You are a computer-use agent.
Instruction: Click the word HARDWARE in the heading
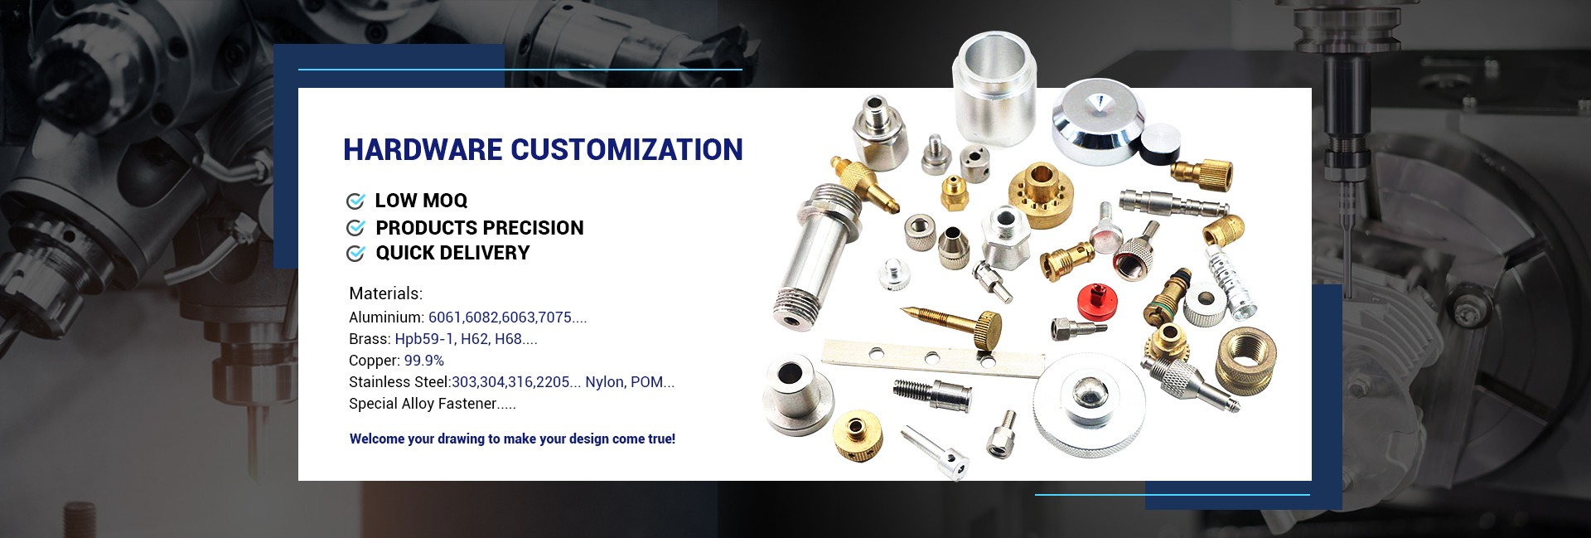point(423,149)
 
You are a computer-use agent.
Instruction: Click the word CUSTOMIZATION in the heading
point(626,149)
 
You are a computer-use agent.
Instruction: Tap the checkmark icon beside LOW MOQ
point(355,201)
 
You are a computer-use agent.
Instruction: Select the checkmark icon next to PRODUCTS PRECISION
point(355,228)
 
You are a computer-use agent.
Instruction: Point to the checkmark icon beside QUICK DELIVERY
point(355,253)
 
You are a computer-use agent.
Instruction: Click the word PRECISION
point(532,228)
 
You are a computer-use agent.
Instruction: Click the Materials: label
point(386,293)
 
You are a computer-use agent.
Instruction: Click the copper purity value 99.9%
point(424,361)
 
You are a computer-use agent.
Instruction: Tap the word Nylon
point(603,382)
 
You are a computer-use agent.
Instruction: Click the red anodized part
point(1092,299)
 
